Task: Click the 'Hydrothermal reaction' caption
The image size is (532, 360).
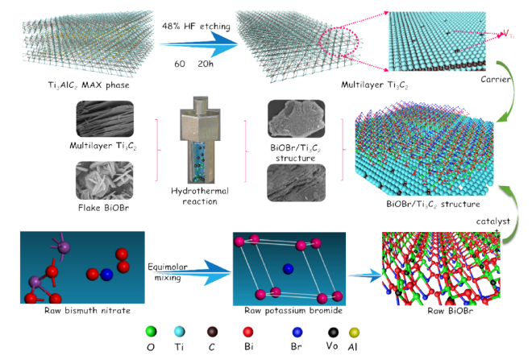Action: pos(196,197)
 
